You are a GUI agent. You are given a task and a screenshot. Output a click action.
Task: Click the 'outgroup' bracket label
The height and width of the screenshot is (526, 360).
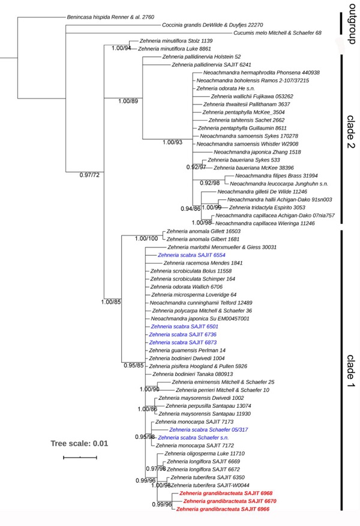pos(351,24)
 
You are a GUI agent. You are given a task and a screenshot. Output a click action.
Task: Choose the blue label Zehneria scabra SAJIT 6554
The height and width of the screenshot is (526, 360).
pos(187,255)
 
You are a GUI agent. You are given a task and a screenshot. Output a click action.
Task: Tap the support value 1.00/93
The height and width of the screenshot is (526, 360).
pos(176,143)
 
